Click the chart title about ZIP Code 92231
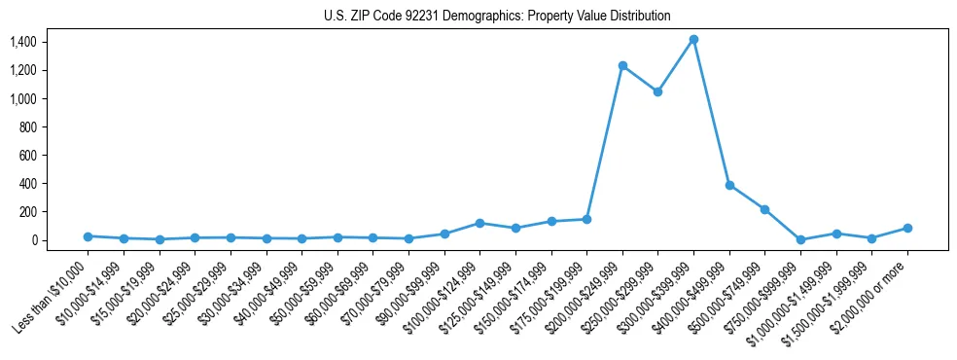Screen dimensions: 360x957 [x=497, y=16]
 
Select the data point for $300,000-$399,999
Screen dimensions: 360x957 [x=693, y=40]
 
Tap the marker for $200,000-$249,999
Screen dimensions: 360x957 [x=622, y=65]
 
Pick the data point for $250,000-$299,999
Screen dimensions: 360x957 [x=657, y=91]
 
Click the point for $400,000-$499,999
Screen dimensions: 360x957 [x=729, y=185]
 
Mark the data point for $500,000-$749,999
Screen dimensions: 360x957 [x=764, y=209]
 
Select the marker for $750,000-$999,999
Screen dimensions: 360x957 [x=800, y=239]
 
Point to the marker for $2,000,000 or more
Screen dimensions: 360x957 [x=907, y=228]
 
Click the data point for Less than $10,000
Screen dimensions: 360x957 [x=88, y=236]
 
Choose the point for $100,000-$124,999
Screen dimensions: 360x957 [x=479, y=223]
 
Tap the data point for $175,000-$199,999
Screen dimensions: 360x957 [x=586, y=219]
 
